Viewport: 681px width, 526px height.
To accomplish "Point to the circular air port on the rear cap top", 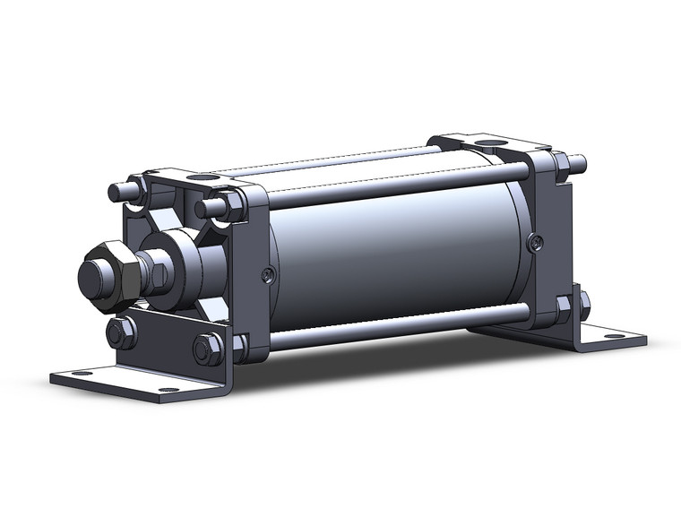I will point(489,142).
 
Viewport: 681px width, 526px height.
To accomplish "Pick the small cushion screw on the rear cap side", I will point(535,241).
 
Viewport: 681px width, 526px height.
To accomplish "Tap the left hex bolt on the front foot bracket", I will point(120,334).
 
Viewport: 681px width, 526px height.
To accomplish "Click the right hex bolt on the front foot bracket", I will point(207,349).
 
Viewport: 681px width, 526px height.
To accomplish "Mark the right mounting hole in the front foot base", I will point(168,390).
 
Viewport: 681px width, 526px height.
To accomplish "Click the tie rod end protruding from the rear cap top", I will point(577,164).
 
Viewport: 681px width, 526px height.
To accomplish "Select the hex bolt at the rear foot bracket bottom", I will point(565,309).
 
